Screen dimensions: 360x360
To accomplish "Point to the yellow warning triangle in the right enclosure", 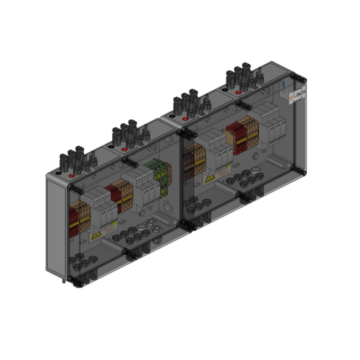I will (x=210, y=178).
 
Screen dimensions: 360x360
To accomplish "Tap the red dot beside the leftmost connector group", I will (x=73, y=175).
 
